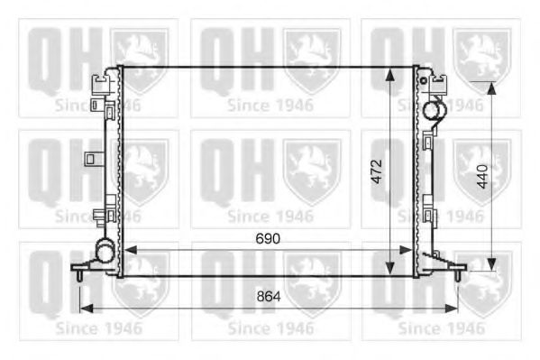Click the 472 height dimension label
tap(379, 172)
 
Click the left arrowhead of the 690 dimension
tap(124, 251)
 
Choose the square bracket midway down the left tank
tap(91, 159)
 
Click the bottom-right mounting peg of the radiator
tap(460, 268)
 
